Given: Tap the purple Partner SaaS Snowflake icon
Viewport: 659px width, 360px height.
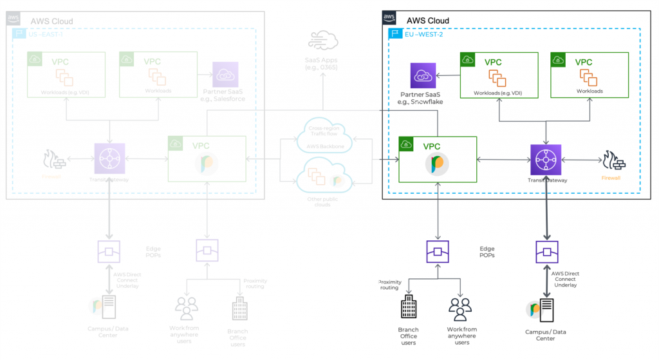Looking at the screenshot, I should (423, 75).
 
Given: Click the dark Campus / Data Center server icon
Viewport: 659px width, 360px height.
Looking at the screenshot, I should (546, 311).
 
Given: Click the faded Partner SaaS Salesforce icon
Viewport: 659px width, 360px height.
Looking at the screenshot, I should (225, 75).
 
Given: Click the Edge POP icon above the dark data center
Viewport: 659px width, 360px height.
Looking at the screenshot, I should (546, 251).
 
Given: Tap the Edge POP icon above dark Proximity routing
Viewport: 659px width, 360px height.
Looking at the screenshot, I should (438, 251).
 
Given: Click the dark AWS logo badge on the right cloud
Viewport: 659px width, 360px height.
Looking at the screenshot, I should (389, 17).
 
